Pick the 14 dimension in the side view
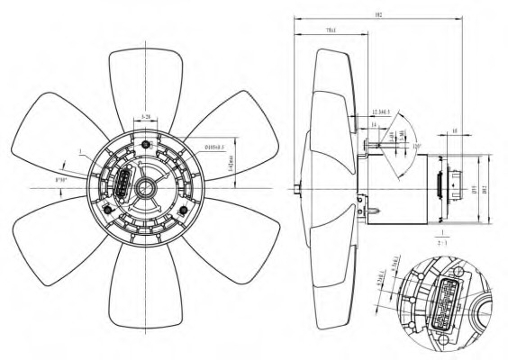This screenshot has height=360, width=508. click(373, 124)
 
